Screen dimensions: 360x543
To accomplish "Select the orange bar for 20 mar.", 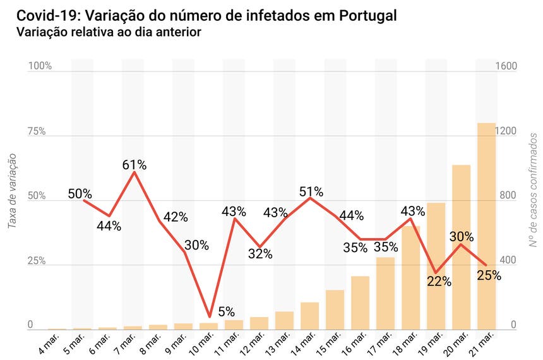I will click(461, 247).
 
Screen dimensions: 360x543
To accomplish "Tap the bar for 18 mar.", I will click(410, 278).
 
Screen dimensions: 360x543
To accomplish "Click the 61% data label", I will click(134, 165).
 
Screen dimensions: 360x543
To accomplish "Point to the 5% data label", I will click(226, 311).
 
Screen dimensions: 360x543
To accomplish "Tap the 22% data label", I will click(439, 282).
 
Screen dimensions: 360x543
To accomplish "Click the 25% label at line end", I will click(489, 275).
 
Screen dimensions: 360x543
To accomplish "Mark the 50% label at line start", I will click(80, 194).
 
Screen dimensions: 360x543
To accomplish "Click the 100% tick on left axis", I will click(39, 66).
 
